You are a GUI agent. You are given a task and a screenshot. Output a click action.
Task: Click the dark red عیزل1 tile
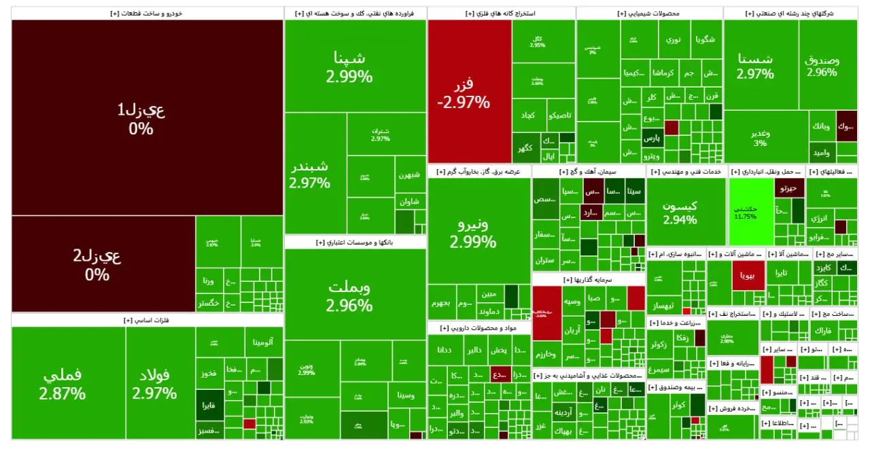pos(147,117)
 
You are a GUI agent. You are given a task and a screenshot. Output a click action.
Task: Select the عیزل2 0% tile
pos(103,264)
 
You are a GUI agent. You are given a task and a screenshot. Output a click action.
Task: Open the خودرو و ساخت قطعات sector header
pos(147,13)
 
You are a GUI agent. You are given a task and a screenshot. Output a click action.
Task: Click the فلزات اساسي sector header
pos(147,320)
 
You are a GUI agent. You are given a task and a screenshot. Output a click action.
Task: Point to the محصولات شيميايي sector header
pos(649,13)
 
